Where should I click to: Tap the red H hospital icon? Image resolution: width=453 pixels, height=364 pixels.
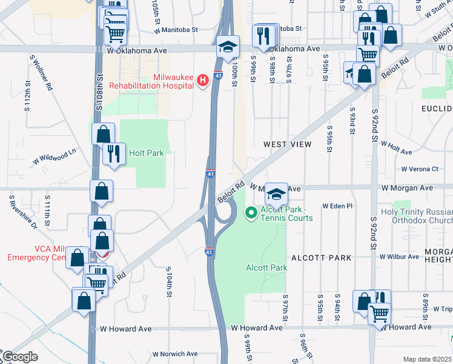pos(203,79)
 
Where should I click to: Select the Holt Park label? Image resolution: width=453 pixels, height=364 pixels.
pos(146,153)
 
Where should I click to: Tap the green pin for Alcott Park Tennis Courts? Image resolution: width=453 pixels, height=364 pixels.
pos(250,213)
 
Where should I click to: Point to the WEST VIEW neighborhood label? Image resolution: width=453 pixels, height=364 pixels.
pos(287,144)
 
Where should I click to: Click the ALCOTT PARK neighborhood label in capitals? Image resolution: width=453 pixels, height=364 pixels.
pos(321,258)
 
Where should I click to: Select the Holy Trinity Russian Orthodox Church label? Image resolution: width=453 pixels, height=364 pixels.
pos(416,218)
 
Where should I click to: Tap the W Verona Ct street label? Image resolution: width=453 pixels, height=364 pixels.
pos(419,169)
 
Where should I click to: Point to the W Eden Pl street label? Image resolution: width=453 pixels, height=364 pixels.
pos(337,206)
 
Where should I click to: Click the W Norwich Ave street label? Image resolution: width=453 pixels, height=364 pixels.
pos(175,354)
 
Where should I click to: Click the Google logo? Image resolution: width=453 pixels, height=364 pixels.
pos(20,357)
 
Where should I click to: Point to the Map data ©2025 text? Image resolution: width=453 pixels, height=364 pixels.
pos(427,359)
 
